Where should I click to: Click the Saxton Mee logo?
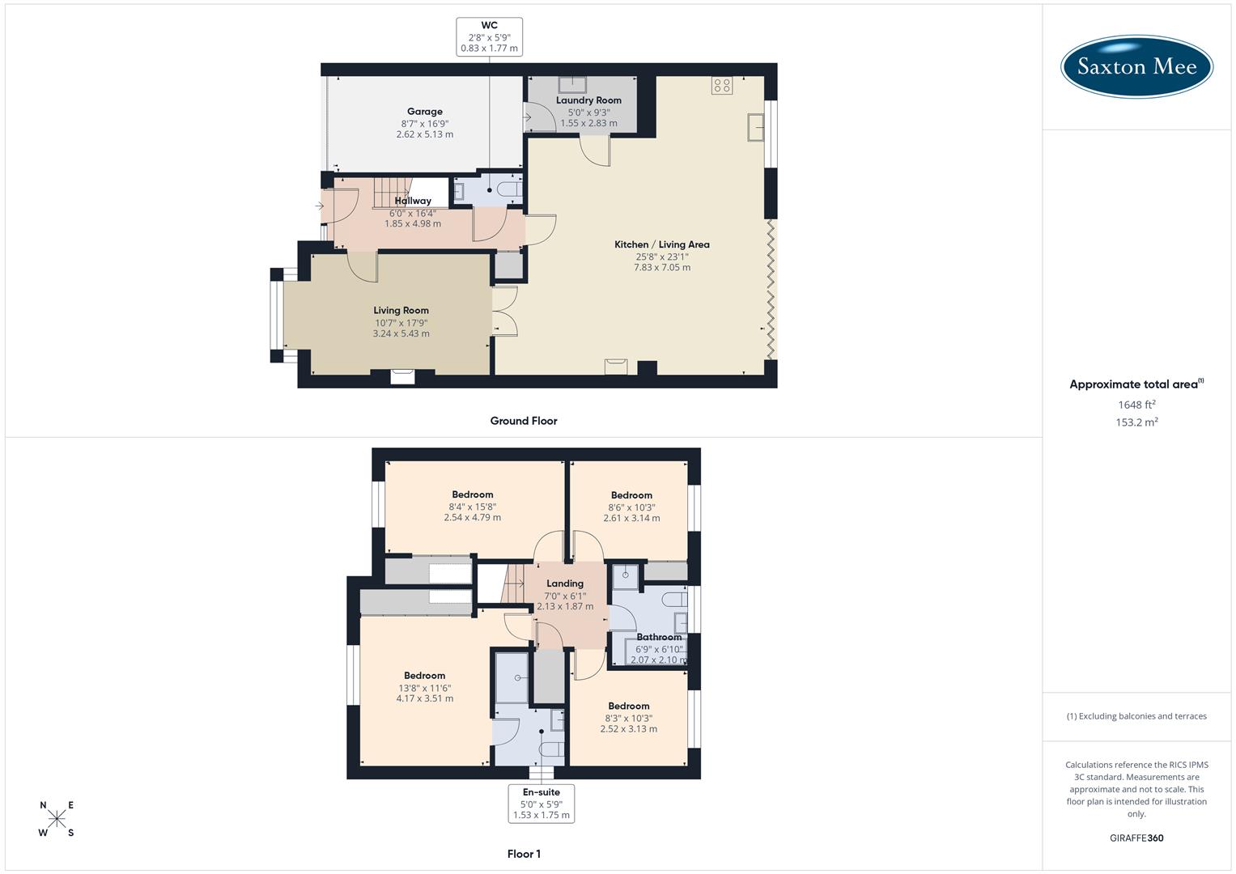point(1136,66)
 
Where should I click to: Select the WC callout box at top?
point(489,37)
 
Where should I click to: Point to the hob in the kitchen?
point(722,86)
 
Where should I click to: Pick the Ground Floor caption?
point(524,421)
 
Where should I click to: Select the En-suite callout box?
point(541,804)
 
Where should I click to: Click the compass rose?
point(57,818)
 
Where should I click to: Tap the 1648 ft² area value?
point(1136,405)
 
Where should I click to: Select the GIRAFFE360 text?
point(1136,838)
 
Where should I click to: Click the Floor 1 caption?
point(524,854)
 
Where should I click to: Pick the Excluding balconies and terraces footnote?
point(1136,716)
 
